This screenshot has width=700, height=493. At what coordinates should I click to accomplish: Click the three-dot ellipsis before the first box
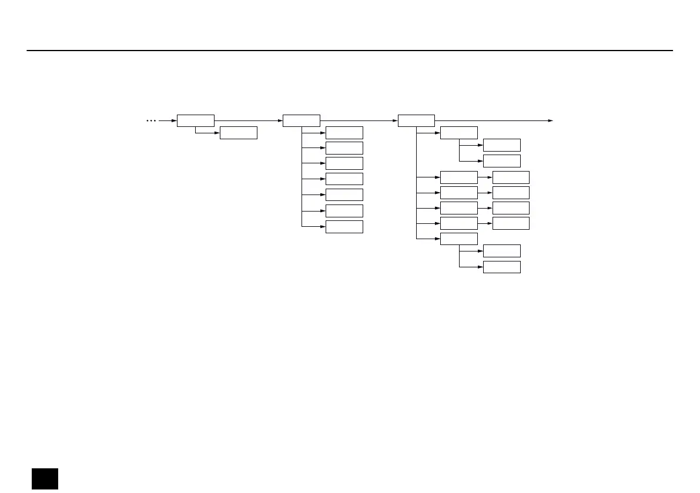(151, 120)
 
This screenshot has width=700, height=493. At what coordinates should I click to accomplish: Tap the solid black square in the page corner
(45, 479)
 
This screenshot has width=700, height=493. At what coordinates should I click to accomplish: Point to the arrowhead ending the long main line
(551, 120)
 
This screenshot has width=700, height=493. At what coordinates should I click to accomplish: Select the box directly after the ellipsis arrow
(195, 120)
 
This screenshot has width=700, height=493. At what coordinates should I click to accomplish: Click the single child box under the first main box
(238, 133)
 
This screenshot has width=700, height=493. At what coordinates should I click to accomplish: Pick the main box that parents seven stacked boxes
(301, 120)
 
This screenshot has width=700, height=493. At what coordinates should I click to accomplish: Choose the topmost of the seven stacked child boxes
(344, 133)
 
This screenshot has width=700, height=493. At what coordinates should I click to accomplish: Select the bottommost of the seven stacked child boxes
(344, 227)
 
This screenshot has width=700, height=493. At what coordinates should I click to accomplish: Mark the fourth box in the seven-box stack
(344, 179)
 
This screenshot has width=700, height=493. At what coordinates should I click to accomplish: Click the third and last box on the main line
(416, 120)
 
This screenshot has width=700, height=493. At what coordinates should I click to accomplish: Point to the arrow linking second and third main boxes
(359, 120)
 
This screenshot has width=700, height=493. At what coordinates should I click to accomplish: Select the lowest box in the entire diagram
(501, 267)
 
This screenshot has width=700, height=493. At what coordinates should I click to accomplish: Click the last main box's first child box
(458, 133)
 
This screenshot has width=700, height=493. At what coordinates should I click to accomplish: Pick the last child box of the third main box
(458, 239)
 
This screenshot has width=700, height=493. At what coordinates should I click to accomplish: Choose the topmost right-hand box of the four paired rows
(510, 177)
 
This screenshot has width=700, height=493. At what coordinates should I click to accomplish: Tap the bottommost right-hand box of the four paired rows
(510, 223)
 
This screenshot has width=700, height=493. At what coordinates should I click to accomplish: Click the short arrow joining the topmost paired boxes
(485, 177)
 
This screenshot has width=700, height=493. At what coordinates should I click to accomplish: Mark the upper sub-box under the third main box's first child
(501, 145)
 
